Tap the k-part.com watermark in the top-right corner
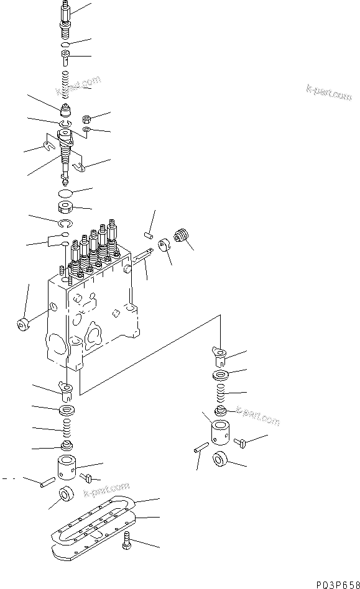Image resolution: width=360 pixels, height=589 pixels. click(x=329, y=92)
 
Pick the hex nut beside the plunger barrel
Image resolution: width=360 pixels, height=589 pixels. click(x=88, y=117)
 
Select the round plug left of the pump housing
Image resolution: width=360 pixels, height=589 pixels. click(x=23, y=325)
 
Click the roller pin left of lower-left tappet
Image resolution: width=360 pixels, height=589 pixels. click(x=46, y=483)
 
